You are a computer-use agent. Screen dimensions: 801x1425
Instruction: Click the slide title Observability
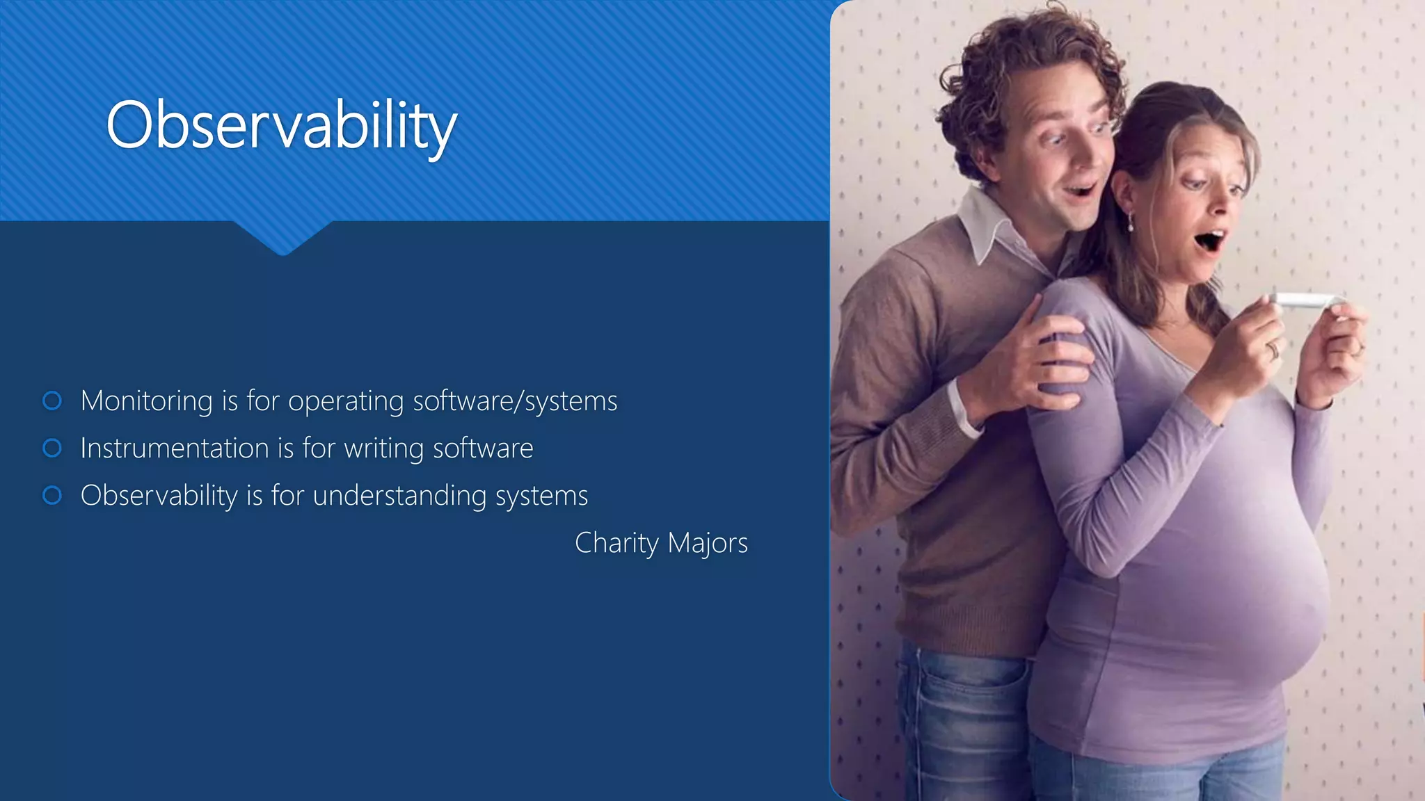point(281,125)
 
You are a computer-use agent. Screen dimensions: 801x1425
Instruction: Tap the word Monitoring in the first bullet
point(147,401)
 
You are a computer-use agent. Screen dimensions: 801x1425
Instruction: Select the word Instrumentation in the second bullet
point(175,448)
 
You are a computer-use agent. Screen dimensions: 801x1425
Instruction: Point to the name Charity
point(616,543)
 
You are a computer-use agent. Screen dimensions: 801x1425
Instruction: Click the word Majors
point(708,543)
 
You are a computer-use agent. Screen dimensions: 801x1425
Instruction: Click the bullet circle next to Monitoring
point(52,400)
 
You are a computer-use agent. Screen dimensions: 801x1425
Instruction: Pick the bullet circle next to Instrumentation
point(52,448)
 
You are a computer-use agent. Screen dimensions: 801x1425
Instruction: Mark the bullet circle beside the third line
point(52,495)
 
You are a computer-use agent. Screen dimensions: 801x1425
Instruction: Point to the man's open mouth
point(1081,189)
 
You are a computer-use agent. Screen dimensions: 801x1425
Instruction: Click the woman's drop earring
point(1130,222)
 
